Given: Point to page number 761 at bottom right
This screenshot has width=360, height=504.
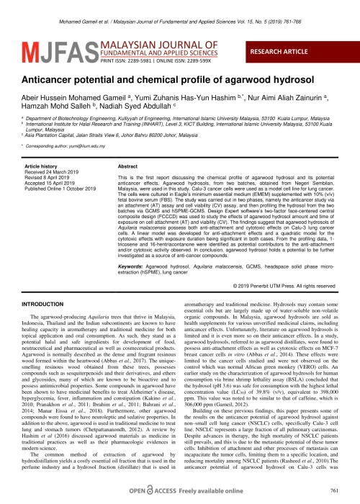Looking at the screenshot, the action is (x=332, y=490).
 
